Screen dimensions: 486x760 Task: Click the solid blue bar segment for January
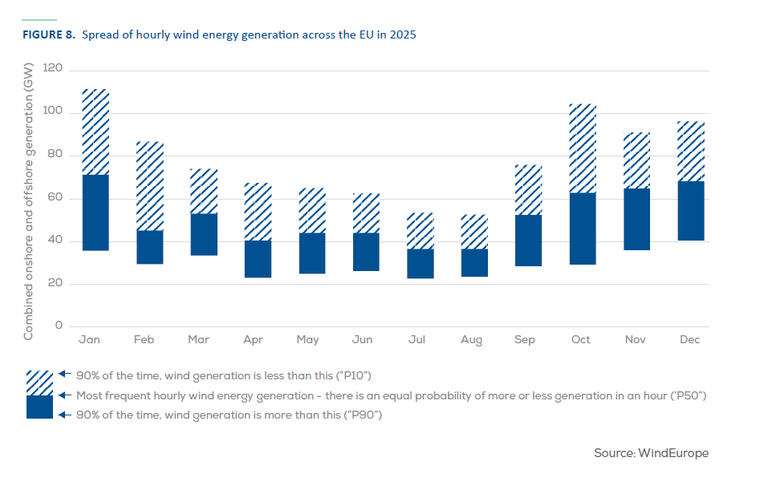point(96,213)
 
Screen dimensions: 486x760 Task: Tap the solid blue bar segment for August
point(474,262)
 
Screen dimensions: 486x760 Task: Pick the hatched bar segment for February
point(150,186)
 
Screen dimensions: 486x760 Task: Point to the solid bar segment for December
point(691,211)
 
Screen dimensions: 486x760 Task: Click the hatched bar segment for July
point(420,231)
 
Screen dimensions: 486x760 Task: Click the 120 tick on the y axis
point(53,68)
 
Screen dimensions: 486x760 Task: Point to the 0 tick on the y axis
point(58,326)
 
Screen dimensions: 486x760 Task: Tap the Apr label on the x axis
point(253,340)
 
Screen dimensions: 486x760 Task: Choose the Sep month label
point(526,340)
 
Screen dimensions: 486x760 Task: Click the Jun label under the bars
point(362,340)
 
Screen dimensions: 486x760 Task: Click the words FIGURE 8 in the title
point(47,35)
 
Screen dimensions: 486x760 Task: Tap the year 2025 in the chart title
point(403,35)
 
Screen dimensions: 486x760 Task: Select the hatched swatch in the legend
point(40,383)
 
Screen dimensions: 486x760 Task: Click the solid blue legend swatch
point(40,407)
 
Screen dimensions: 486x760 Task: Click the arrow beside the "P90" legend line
point(66,415)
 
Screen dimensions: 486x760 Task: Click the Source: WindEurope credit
point(651,454)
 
